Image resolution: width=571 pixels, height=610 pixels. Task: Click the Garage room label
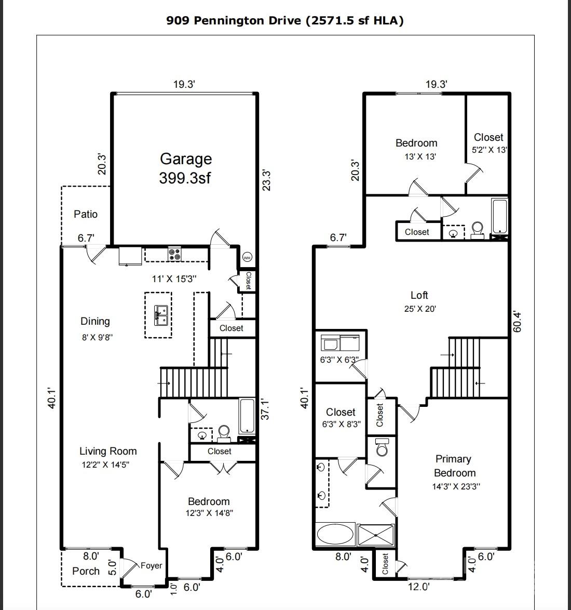(185, 159)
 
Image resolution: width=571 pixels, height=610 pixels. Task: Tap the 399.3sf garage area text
(185, 178)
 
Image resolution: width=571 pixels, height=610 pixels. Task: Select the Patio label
(86, 214)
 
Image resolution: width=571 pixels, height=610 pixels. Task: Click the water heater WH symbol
(247, 257)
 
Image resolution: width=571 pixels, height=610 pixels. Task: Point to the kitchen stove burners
(174, 255)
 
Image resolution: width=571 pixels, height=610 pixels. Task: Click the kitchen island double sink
(160, 315)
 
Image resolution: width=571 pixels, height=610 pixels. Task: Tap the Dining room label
(95, 322)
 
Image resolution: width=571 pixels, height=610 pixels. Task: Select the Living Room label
(108, 452)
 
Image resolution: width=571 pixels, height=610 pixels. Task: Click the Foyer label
(151, 566)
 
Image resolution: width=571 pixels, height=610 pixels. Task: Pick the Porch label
(86, 571)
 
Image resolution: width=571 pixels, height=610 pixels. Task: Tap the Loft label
(419, 295)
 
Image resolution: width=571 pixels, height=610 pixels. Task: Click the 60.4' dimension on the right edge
(516, 322)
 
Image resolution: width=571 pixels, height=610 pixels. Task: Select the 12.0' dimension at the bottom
(418, 587)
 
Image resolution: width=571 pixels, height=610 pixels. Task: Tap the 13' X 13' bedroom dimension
(416, 156)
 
